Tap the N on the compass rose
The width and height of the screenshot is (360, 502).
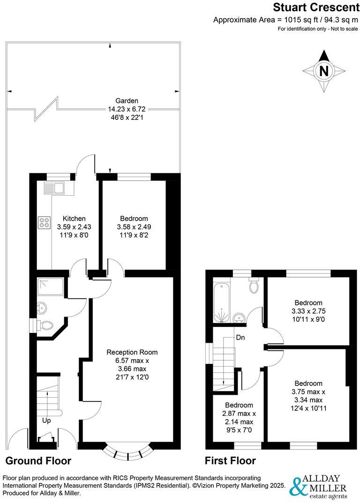click(x=323, y=71)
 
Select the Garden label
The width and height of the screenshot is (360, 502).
click(x=127, y=101)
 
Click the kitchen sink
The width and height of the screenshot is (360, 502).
click(x=56, y=188)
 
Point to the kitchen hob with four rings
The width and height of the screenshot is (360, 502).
click(x=45, y=223)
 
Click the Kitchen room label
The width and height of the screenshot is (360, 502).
click(x=75, y=218)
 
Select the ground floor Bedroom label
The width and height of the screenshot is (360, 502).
click(x=134, y=218)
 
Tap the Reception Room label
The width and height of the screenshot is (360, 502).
click(x=132, y=352)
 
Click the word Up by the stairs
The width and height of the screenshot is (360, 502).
click(x=47, y=421)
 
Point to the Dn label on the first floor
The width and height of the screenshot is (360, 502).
click(x=240, y=337)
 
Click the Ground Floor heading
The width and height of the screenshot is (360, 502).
click(x=38, y=461)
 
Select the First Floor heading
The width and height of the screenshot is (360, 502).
click(x=231, y=461)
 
